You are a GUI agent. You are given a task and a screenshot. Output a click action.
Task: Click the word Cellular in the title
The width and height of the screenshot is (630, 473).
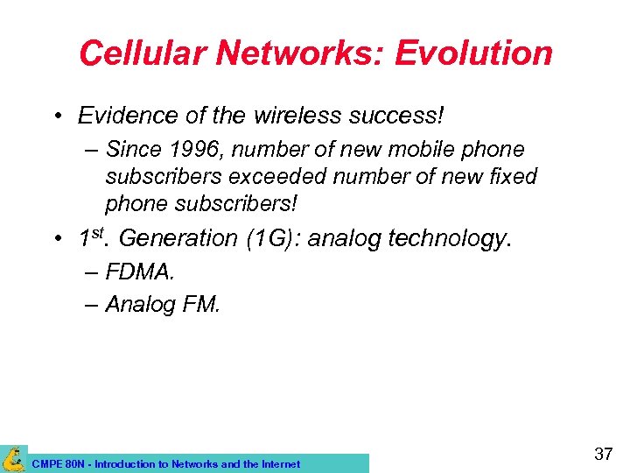coord(142,53)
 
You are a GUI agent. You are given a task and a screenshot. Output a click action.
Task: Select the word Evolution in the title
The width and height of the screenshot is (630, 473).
coord(472,53)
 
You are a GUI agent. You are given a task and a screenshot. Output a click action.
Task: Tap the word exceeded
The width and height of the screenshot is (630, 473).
coord(276,176)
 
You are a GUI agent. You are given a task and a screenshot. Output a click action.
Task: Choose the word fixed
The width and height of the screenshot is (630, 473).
coord(514,176)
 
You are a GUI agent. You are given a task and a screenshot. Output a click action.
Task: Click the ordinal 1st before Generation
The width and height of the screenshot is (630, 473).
coord(91,236)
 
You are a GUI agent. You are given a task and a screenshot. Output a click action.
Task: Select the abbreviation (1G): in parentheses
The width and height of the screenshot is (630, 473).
coord(269,238)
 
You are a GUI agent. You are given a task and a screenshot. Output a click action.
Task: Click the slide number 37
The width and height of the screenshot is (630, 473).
coord(603,454)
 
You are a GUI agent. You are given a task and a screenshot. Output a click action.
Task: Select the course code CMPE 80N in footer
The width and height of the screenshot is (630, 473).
coord(59,464)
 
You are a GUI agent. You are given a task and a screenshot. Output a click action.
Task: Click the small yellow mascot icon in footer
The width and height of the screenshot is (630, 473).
coord(13,458)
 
